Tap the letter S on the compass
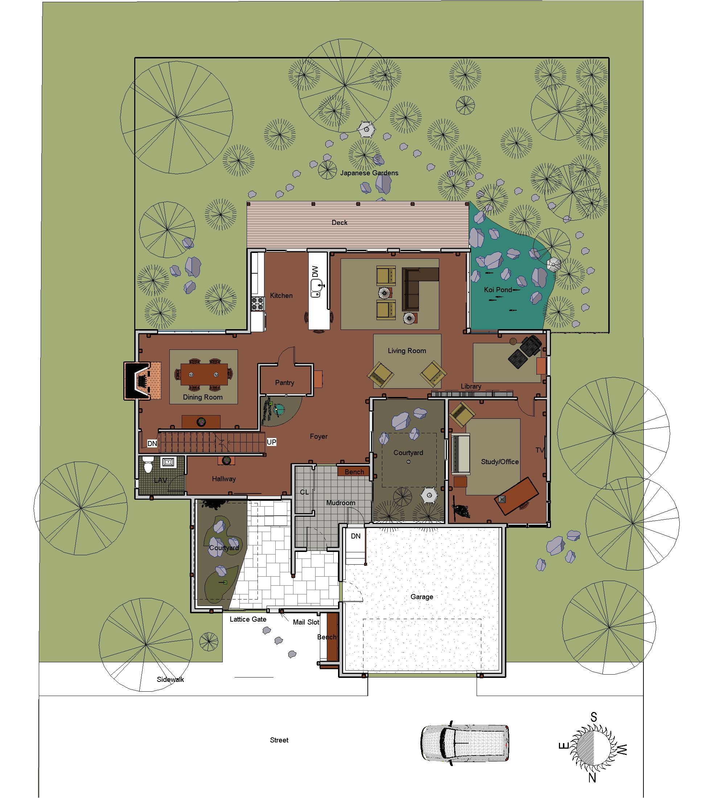(x=593, y=717)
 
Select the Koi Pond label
(x=498, y=290)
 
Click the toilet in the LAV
(x=148, y=465)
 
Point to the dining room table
(x=204, y=374)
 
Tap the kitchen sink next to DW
(x=316, y=288)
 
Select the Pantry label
(x=284, y=382)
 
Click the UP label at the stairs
(x=271, y=442)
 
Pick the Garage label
(x=421, y=597)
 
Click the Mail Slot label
(x=306, y=622)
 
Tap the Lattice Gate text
(x=248, y=619)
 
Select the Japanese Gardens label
(x=369, y=173)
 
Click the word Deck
(x=339, y=222)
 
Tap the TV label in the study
(x=540, y=450)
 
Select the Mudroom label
(x=341, y=503)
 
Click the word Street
(x=279, y=740)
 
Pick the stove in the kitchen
(x=258, y=303)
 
